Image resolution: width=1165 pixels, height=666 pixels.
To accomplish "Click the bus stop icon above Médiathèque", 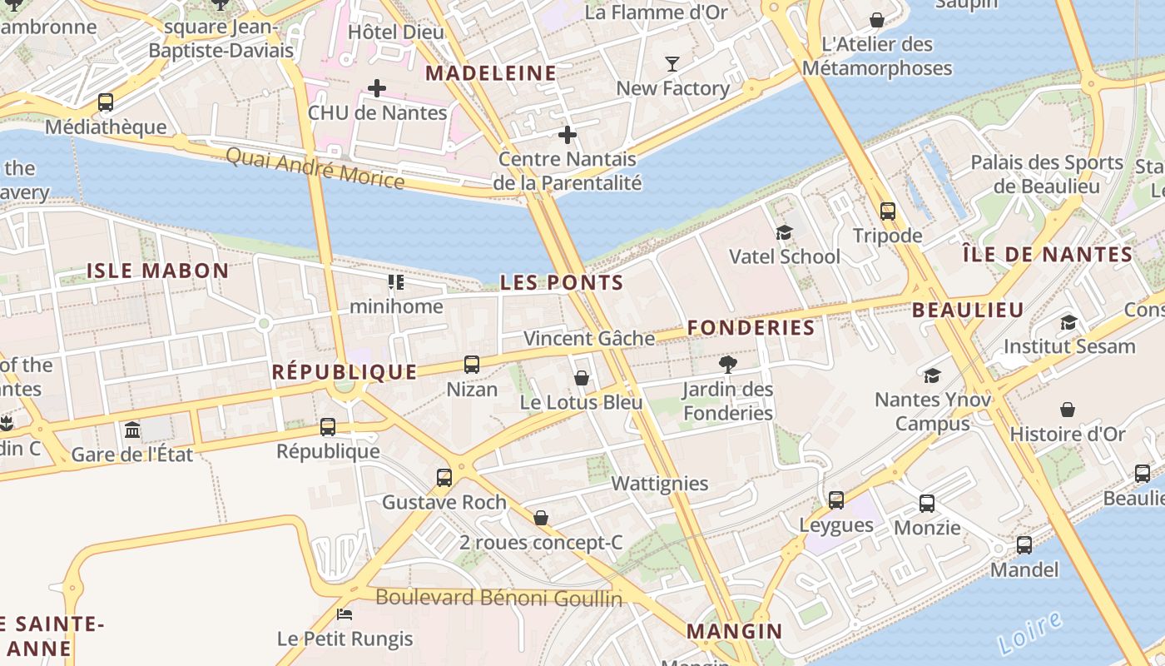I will (x=105, y=102).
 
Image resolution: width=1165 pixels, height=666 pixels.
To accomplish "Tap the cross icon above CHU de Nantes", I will (x=377, y=87).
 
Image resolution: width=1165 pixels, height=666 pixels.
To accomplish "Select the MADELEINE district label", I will (x=491, y=73).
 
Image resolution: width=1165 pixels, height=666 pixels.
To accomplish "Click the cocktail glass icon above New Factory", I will (x=672, y=63).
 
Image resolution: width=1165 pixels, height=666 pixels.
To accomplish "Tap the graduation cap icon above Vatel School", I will (x=784, y=232).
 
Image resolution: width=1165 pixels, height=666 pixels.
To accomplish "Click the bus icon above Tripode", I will (x=888, y=211).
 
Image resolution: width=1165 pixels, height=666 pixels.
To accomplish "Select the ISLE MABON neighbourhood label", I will (x=158, y=271).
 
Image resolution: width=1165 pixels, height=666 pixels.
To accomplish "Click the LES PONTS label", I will (x=561, y=283).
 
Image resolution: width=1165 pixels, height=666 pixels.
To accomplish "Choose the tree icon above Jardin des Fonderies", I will (x=727, y=364).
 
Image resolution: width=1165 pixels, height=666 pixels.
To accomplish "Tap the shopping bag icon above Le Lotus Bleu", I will (x=582, y=378).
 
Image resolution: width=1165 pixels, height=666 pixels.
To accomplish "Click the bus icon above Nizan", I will (x=472, y=365).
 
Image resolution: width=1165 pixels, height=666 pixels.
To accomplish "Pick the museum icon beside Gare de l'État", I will (x=132, y=430).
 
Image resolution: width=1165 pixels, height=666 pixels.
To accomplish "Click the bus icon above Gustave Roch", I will (x=444, y=478).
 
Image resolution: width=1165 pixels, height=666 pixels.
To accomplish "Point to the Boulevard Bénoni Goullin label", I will (x=498, y=598).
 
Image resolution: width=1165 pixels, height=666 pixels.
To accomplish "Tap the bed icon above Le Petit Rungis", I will (x=345, y=614).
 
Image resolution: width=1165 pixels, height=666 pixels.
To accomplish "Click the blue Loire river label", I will (x=1029, y=632).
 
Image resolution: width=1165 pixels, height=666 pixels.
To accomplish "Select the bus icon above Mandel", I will (x=1024, y=545).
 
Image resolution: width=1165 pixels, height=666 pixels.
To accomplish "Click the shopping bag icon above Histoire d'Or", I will (x=1067, y=410).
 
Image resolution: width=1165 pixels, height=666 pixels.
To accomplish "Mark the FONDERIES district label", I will (x=751, y=328).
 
